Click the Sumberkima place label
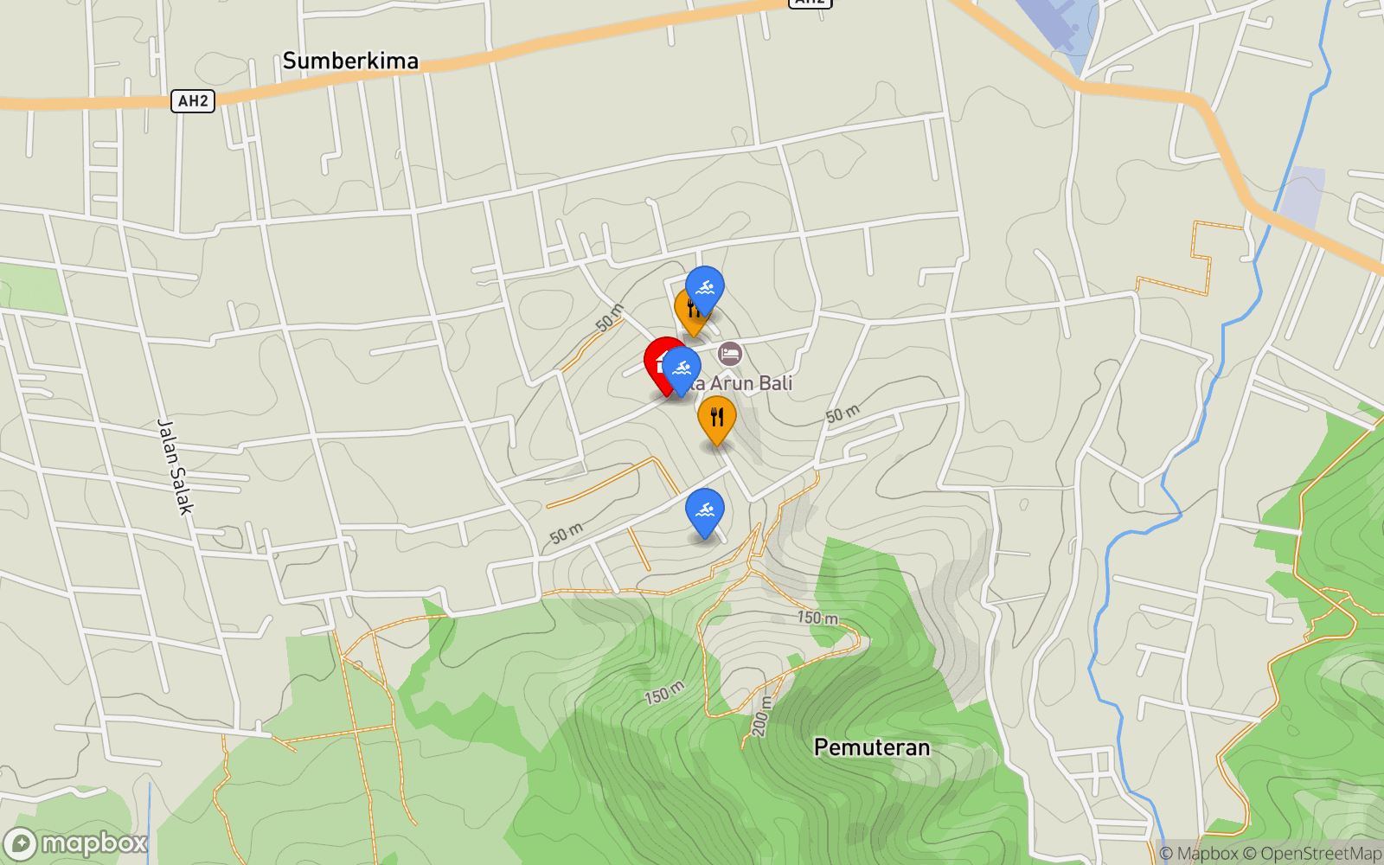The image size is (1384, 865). pos(350,61)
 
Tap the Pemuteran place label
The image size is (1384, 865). pos(872,747)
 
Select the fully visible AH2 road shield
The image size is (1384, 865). pos(192,101)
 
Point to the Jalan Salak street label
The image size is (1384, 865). pos(175,466)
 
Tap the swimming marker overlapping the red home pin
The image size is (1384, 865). pos(682,369)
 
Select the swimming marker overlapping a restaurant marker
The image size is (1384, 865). pos(705,288)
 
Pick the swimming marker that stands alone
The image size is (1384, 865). pos(705,511)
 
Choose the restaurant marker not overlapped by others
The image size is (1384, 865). pos(717,419)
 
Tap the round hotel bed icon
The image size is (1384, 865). pos(730,353)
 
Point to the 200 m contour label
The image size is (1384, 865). pos(761,716)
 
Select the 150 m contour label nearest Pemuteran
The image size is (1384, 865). pos(817,618)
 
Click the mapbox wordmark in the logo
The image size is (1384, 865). pos(94,843)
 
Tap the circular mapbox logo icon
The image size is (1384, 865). pos(20,843)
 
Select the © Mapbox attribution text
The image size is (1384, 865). pos(1199,854)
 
